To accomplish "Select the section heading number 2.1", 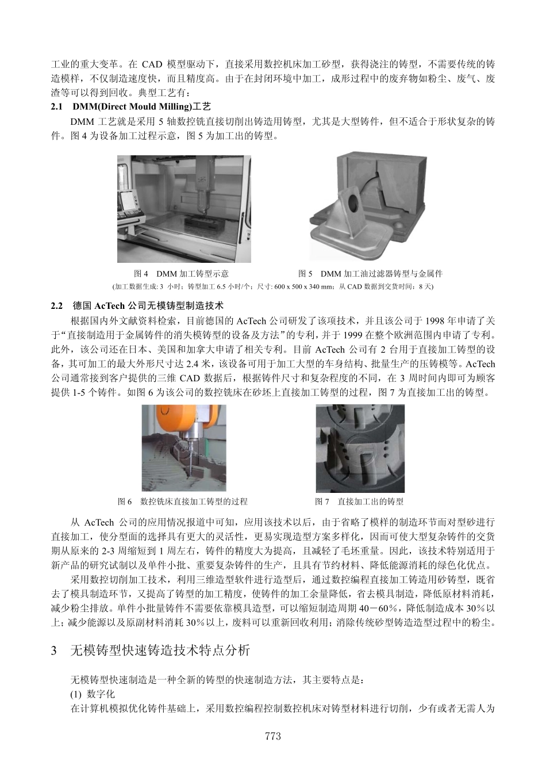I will pos(57,107).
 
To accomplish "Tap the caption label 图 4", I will pos(141,274).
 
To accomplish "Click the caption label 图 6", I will pos(125,502).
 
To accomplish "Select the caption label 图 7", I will pos(322,502).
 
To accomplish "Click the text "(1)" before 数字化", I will pos(76,694).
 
